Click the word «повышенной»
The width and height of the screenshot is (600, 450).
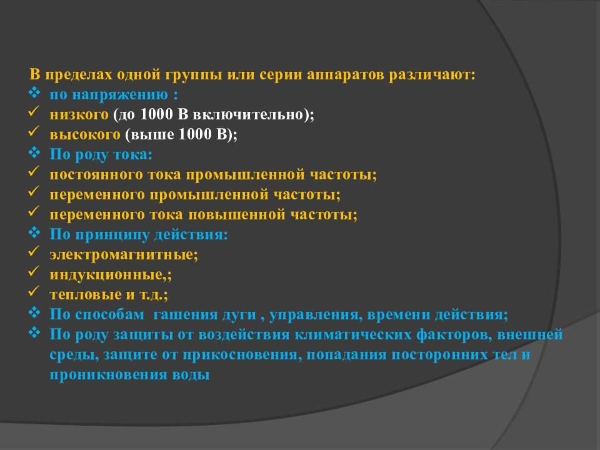[240, 214]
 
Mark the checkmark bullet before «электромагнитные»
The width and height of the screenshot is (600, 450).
[34, 253]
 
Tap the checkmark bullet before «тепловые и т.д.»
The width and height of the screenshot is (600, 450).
[34, 293]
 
